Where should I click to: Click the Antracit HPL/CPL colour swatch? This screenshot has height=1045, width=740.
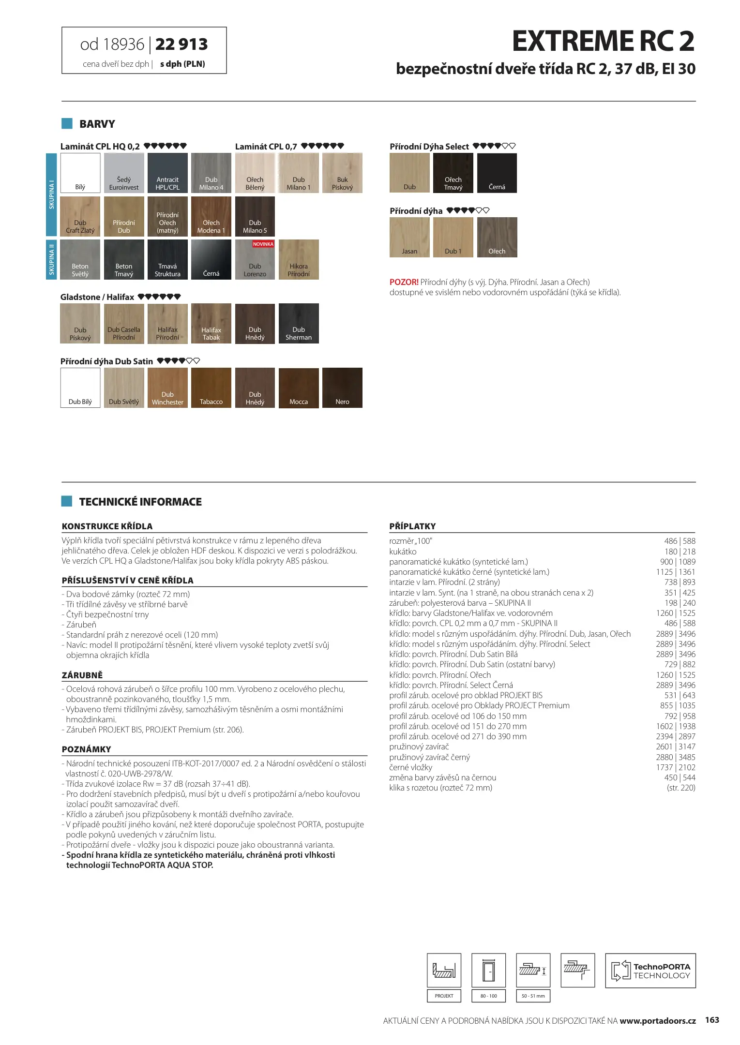167,173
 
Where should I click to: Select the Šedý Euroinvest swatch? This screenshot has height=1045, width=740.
124,173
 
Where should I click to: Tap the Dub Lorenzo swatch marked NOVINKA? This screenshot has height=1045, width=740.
255,259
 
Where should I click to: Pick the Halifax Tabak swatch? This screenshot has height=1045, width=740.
211,323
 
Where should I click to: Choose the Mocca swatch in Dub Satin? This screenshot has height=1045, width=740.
299,388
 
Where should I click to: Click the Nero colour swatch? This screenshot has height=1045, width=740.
342,388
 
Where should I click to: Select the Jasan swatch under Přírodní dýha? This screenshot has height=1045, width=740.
409,237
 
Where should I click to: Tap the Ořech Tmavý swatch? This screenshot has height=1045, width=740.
453,173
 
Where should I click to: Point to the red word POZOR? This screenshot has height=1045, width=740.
404,282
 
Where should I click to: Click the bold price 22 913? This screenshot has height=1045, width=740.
181,45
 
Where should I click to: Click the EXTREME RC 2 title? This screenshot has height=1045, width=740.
603,41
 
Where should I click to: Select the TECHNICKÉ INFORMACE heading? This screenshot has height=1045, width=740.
140,502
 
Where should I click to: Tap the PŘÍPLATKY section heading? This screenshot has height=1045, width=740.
412,526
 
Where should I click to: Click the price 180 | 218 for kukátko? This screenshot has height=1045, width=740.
680,552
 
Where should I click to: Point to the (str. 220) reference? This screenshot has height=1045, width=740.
681,788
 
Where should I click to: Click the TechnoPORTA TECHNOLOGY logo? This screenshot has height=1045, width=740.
650,970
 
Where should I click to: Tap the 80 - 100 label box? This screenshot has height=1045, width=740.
488,996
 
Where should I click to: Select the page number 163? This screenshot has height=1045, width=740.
712,1020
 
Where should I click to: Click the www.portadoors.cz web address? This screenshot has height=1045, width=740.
657,1021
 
